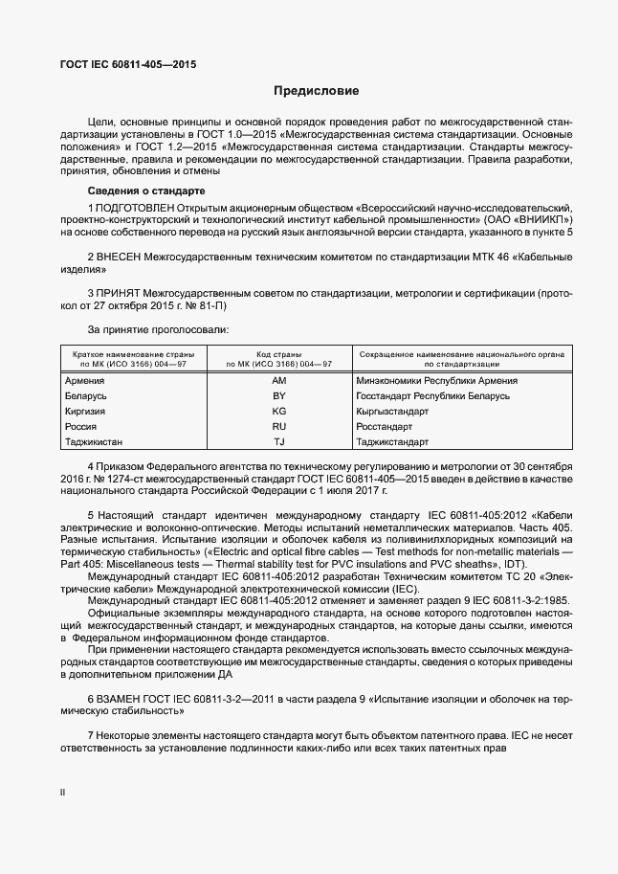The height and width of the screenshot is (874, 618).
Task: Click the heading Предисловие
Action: coord(317,92)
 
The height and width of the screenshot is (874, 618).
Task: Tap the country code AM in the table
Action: coord(279,380)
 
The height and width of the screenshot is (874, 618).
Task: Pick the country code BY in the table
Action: coord(279,395)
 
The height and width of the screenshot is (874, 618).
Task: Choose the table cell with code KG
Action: coord(279,411)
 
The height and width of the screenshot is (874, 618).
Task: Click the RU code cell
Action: coord(279,426)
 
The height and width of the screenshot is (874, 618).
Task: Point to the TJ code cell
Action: coord(279,441)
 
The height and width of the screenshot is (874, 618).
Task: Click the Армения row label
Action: coord(84,380)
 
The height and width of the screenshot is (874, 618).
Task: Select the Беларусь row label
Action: coord(86,395)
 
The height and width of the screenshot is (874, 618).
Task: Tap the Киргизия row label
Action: coord(85,411)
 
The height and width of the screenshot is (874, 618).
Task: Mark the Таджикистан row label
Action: coord(94,441)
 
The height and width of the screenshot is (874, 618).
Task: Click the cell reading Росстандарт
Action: coord(384,426)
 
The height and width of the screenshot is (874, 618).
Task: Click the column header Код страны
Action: coord(279,354)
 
